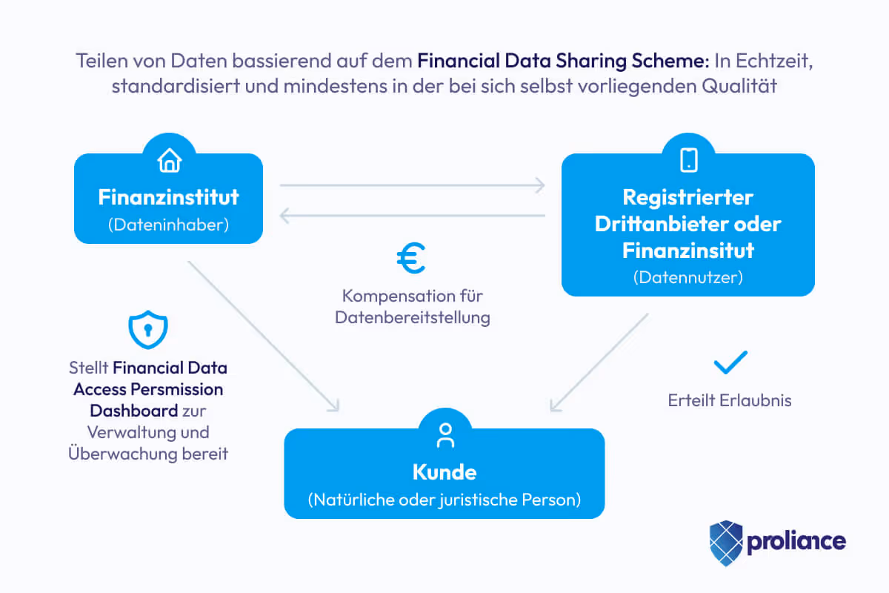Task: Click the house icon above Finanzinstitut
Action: point(170,160)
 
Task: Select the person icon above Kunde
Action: point(445,435)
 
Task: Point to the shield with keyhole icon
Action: point(148,330)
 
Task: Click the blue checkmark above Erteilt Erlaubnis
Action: point(730,363)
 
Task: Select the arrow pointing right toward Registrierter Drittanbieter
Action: point(412,185)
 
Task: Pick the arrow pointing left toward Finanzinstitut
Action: point(412,216)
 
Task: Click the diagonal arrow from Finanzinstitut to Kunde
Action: point(263,335)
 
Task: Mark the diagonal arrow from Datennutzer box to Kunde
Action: point(599,362)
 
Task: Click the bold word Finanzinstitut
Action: point(169,197)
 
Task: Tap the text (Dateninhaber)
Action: point(169,225)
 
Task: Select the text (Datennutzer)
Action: point(688,278)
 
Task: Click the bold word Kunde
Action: point(444,472)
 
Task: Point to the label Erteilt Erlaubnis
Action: point(730,401)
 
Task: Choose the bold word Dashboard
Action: point(133,411)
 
